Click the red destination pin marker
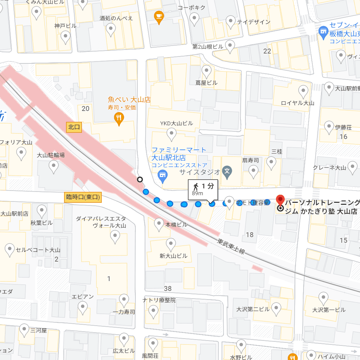pos(280,199)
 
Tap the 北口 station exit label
pos(74,127)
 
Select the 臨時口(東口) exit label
pos(83,197)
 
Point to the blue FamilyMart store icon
pos(162,175)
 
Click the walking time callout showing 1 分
pos(203,190)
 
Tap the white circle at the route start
pos(140,179)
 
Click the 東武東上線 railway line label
pos(231,246)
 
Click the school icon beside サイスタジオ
pos(227,171)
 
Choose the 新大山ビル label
pos(173,256)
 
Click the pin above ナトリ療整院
pos(154,311)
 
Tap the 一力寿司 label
pos(124,311)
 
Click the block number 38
pos(168,289)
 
